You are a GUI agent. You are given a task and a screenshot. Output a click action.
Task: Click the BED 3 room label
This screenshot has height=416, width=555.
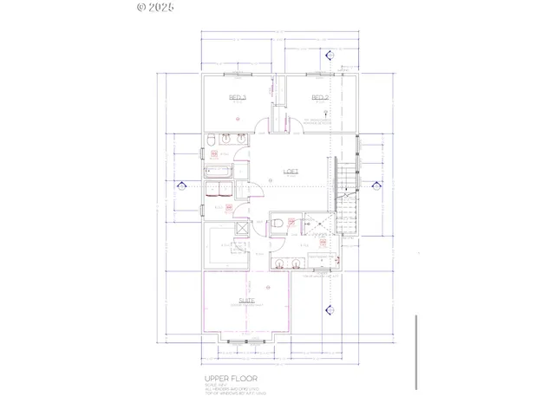point(238,98)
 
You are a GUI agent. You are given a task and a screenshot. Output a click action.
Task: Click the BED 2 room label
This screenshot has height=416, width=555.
point(320,98)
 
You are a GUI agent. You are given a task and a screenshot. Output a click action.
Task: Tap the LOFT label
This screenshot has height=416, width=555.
point(291,171)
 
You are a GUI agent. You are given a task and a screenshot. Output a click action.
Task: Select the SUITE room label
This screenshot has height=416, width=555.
point(235,301)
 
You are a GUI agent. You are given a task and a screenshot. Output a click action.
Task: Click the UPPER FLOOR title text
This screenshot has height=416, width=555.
point(231,380)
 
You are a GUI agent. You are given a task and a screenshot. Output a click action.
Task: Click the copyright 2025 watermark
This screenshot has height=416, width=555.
point(156,7)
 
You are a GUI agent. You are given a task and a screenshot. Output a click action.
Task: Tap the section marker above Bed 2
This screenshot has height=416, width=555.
point(330,56)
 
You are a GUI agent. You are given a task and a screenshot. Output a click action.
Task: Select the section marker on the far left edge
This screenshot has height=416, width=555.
point(182,185)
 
